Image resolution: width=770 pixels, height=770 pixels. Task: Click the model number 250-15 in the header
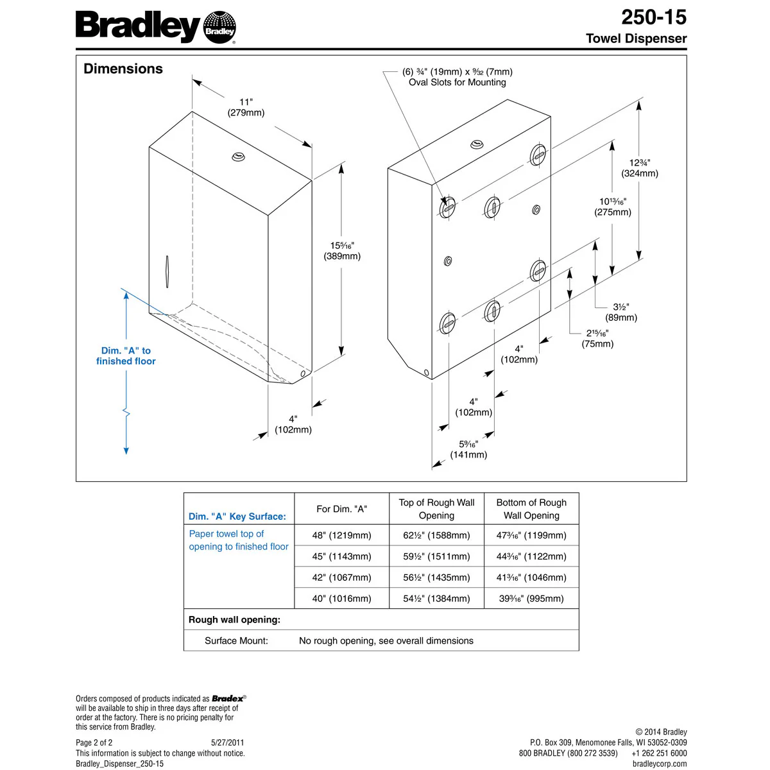point(653,17)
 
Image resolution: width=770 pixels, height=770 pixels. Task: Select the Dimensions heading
point(123,69)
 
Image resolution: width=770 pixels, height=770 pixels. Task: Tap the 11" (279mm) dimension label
point(246,107)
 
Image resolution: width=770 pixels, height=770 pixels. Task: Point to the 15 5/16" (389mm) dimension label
point(342,251)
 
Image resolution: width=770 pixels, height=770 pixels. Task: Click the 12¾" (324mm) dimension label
point(639,168)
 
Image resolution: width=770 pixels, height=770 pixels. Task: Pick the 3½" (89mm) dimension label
point(620,312)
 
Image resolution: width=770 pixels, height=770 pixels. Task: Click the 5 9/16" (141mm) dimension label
point(468,449)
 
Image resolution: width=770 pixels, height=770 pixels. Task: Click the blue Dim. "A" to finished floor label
point(126,356)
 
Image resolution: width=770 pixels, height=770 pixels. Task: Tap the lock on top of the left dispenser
point(239,156)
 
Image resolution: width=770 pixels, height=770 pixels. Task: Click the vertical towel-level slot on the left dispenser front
point(167,271)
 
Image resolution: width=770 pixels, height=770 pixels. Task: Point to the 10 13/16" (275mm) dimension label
point(613,207)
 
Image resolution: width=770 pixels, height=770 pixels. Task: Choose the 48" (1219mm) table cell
point(341,535)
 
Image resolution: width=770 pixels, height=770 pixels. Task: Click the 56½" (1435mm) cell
point(436,577)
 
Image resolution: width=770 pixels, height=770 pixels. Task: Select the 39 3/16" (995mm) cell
point(531,599)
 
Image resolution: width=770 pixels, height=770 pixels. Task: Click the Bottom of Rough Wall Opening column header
point(531,509)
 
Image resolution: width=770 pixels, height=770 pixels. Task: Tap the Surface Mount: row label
point(236,640)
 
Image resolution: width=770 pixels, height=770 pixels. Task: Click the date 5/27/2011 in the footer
point(227,742)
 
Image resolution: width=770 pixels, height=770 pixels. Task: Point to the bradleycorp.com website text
point(659,764)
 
